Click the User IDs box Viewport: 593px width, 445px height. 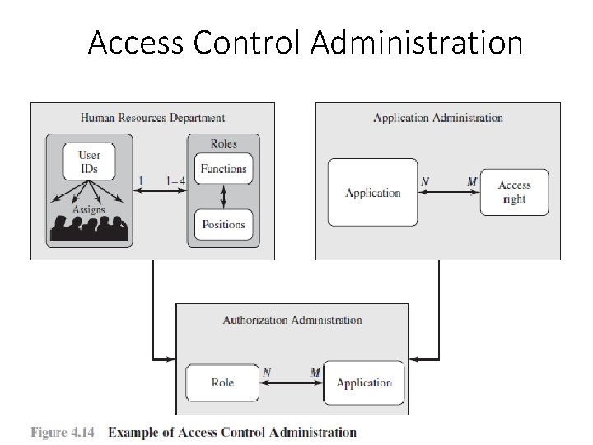click(89, 162)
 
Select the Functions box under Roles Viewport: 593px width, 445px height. click(223, 169)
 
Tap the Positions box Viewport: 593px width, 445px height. click(223, 223)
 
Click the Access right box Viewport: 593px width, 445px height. click(514, 192)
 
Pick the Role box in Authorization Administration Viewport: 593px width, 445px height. click(222, 382)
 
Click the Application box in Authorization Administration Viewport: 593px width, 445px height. click(364, 382)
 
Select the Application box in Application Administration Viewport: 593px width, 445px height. click(373, 193)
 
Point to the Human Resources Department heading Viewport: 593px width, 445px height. click(152, 118)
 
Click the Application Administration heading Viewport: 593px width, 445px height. click(437, 118)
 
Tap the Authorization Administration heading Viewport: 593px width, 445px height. click(292, 320)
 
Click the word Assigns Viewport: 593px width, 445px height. click(88, 210)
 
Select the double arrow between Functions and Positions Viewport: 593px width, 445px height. click(223, 196)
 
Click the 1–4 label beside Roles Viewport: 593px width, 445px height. click(175, 181)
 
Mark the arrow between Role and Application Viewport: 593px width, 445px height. click(292, 383)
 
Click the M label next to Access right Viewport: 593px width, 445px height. click(472, 181)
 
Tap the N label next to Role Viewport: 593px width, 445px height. click(267, 372)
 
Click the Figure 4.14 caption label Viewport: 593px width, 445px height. click(63, 432)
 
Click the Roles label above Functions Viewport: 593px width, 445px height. click(223, 143)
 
